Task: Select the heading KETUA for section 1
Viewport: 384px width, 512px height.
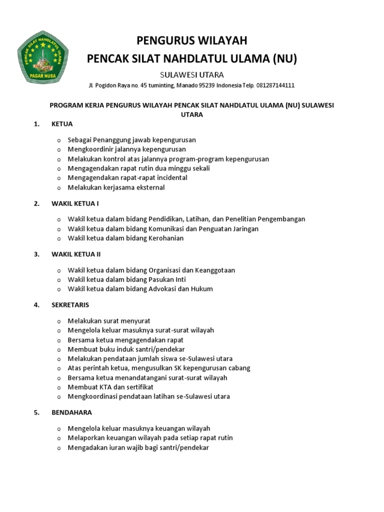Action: [62, 124]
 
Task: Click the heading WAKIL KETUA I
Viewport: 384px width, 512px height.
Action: [75, 203]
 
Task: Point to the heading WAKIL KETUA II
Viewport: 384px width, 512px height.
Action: [76, 254]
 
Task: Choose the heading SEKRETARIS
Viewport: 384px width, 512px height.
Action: [70, 304]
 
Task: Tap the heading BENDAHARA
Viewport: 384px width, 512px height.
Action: [71, 412]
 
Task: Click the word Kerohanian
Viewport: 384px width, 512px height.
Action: [165, 238]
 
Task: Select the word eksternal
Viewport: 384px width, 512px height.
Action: [147, 187]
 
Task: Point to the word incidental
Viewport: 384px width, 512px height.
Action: [170, 177]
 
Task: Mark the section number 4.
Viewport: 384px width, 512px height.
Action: [36, 304]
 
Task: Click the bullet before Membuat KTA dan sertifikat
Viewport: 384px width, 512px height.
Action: [58, 387]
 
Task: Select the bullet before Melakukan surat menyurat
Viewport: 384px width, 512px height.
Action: [58, 321]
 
